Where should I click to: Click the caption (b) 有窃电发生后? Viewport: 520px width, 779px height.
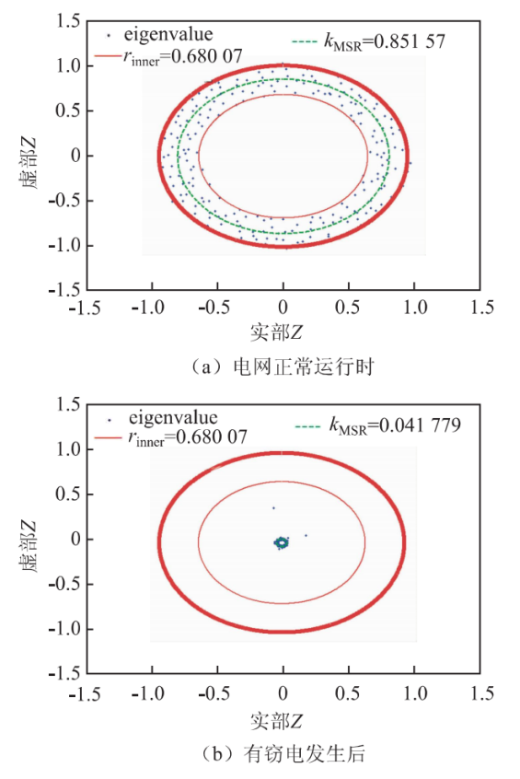283,753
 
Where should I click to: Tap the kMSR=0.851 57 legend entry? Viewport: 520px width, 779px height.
369,41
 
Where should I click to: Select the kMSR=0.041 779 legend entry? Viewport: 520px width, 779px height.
378,425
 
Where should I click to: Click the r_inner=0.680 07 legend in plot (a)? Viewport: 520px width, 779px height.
168,57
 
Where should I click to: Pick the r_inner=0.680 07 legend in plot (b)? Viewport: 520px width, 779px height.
171,437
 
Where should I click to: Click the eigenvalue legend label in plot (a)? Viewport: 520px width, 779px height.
161,34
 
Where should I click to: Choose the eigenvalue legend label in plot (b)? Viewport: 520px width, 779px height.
166,418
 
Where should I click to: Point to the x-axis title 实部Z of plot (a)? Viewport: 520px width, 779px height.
276,331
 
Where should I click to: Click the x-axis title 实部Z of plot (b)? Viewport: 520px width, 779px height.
276,720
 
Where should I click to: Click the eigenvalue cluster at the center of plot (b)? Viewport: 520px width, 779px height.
282,542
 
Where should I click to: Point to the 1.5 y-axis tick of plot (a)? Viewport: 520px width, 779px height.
67,21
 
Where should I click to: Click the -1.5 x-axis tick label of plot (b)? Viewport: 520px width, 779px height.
85,693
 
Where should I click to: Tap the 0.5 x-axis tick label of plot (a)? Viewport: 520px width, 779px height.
348,308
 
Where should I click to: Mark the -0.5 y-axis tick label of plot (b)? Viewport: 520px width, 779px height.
64,584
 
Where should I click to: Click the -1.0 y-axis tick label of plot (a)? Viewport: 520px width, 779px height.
64,246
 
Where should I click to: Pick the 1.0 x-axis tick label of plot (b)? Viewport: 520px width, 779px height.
415,693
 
